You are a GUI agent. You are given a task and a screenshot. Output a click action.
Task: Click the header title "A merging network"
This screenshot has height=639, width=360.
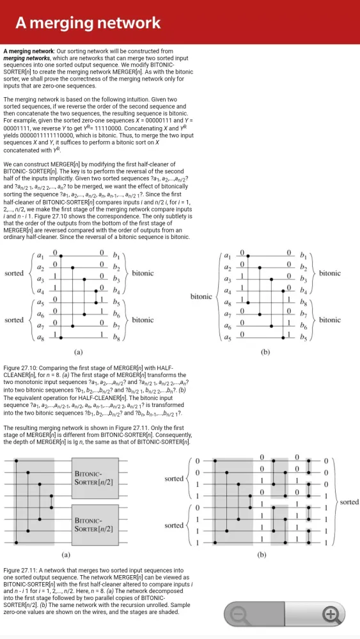[x=88, y=24]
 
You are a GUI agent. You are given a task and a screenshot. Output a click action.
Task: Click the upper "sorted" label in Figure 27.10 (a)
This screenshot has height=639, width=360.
[x=14, y=273]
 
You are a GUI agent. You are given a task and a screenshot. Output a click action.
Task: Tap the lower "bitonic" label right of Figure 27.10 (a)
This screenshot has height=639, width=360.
[x=143, y=319]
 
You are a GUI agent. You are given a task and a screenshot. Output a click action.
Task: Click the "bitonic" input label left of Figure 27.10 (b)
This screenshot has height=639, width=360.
[x=201, y=296]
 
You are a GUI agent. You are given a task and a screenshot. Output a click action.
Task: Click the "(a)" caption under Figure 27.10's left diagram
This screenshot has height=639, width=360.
[x=78, y=351]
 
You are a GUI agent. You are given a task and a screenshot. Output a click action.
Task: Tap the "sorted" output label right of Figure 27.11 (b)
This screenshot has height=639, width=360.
[x=349, y=502]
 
